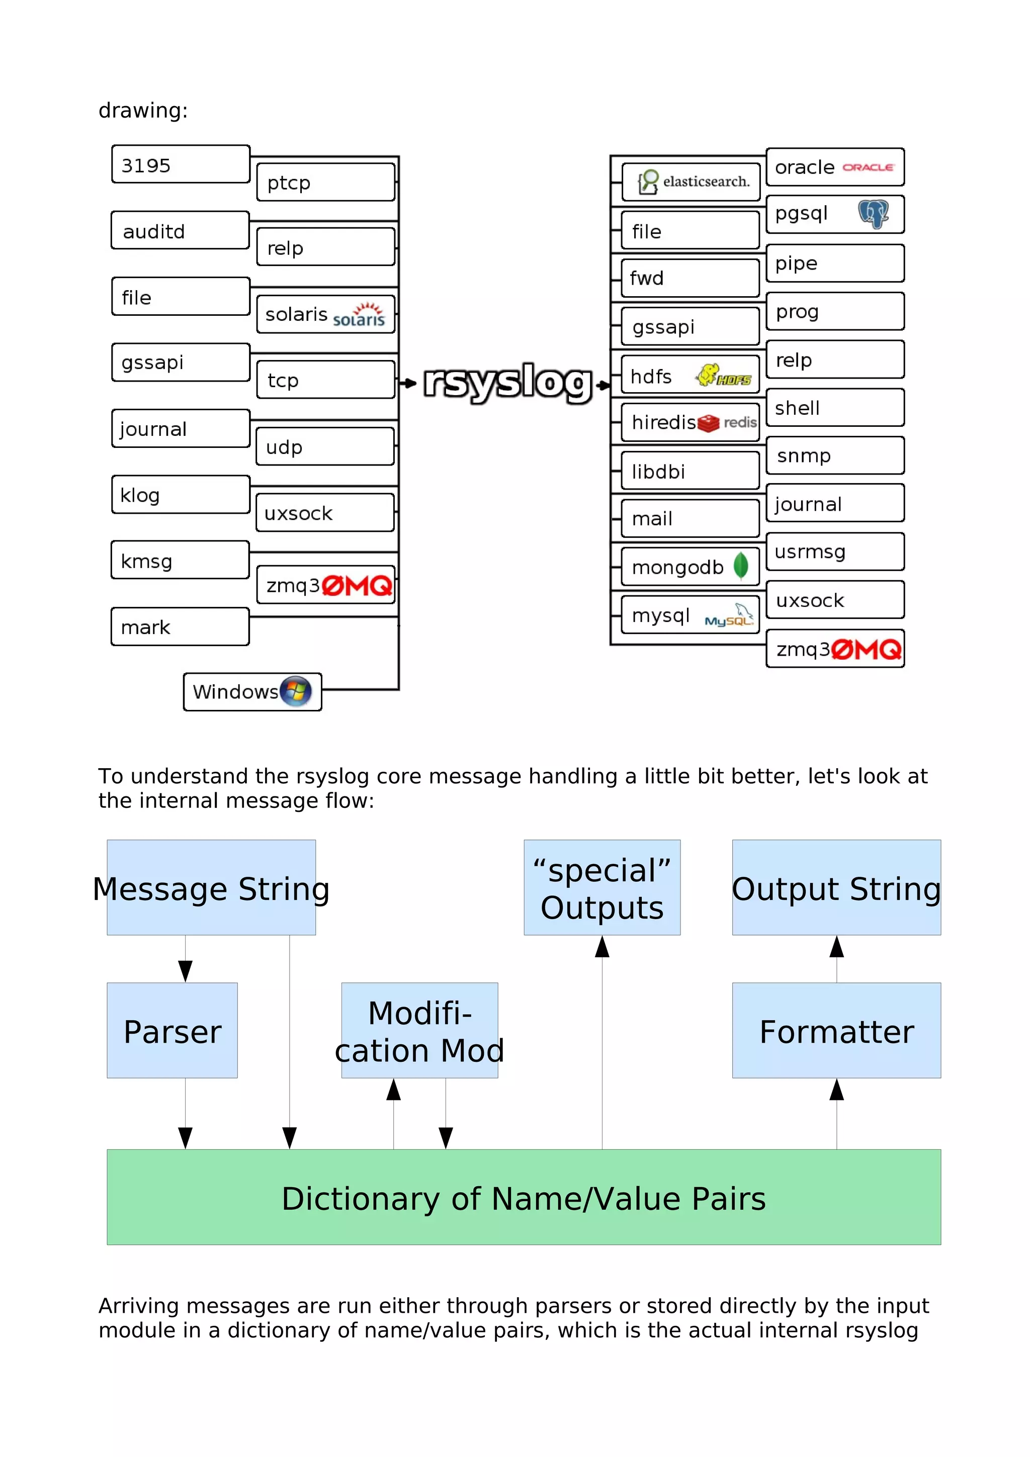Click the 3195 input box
(x=180, y=164)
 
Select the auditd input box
(x=180, y=230)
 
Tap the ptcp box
(x=325, y=182)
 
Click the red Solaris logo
(x=360, y=315)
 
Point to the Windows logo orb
(x=296, y=691)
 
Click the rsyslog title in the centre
(x=507, y=382)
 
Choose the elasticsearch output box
(x=691, y=182)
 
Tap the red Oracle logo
(x=868, y=167)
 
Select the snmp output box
(x=834, y=455)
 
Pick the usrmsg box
(x=834, y=552)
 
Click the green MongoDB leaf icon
(x=741, y=566)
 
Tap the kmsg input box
(x=180, y=561)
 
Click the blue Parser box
(x=172, y=1031)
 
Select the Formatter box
(x=836, y=1031)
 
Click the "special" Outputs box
(x=602, y=887)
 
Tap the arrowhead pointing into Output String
(x=836, y=947)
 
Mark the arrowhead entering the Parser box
(x=185, y=971)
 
